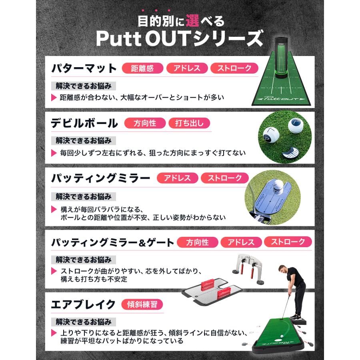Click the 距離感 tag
click(142, 68)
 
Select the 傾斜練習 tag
click(142, 304)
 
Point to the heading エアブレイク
click(83, 304)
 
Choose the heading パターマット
click(84, 69)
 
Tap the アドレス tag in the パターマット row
click(187, 68)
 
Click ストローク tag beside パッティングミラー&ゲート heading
click(288, 242)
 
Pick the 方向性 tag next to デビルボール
click(145, 123)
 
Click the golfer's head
click(284, 261)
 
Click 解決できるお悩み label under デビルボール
click(84, 140)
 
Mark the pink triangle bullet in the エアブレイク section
click(54, 333)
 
